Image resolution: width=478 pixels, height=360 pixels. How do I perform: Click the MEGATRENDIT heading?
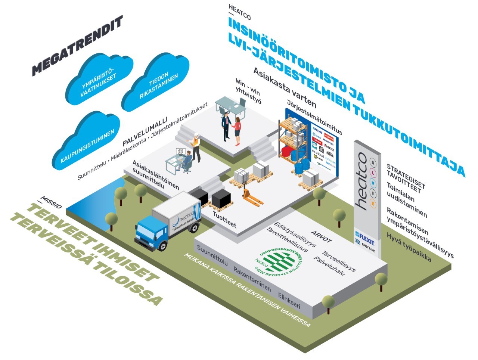[x=77, y=46]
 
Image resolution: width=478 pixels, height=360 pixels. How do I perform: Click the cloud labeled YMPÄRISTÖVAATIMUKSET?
[x=99, y=80]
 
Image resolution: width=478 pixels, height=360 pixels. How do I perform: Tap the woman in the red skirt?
[x=238, y=131]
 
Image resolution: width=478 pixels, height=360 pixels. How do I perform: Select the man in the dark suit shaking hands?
[x=226, y=125]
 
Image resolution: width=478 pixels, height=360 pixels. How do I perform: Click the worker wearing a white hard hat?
[x=196, y=146]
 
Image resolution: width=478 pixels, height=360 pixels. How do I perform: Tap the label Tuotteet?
[x=224, y=219]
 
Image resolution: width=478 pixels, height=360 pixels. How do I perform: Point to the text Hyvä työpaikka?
[x=409, y=247]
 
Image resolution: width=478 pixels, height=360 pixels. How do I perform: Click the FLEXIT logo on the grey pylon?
[x=365, y=237]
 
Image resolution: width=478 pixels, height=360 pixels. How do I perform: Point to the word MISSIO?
[x=51, y=201]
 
